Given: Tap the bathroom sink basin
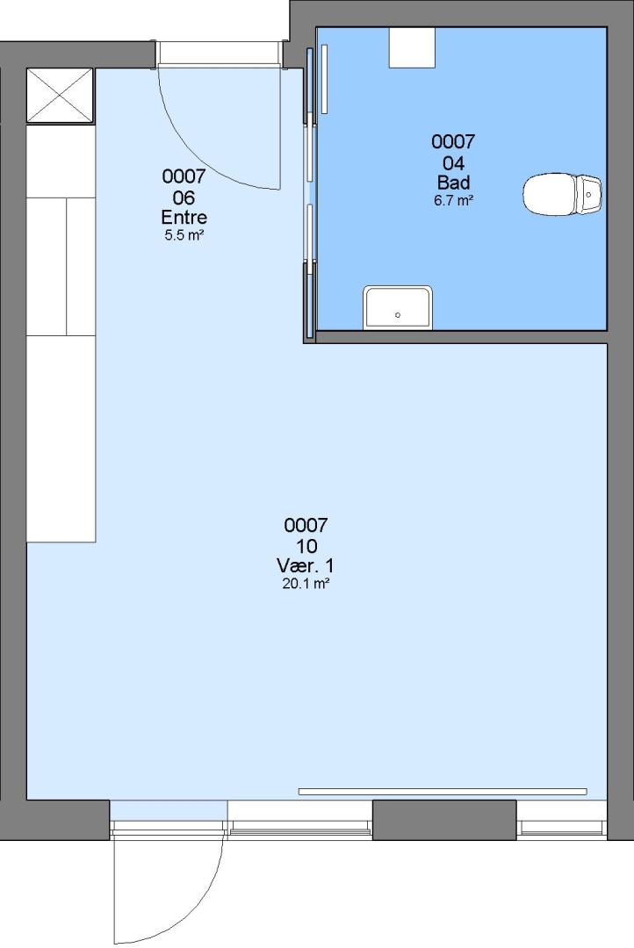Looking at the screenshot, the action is pos(398,308).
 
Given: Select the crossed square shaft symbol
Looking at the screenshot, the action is pos(60,96).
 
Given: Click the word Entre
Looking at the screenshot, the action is pos(184,217).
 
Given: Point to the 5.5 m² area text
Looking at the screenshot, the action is pos(184,235).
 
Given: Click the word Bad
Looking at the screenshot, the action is pos(454,183).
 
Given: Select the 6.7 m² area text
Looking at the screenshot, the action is pos(453,201).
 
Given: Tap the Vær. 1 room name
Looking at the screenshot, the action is pos(306,566).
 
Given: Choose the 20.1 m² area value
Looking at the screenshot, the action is pos(306,584).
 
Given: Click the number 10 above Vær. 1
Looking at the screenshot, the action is pos(306,546).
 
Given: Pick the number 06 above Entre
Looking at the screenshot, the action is pos(184,197).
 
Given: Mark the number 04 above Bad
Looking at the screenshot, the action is pos(454,162).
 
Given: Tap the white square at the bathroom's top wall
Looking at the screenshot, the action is pos(412,47).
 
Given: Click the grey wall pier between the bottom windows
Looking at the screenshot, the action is pos(444,820).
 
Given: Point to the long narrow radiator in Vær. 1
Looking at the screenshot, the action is pos(443,792).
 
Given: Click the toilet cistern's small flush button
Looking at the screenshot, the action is pos(588,195).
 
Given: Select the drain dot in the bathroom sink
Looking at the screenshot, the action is pos(398,315).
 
